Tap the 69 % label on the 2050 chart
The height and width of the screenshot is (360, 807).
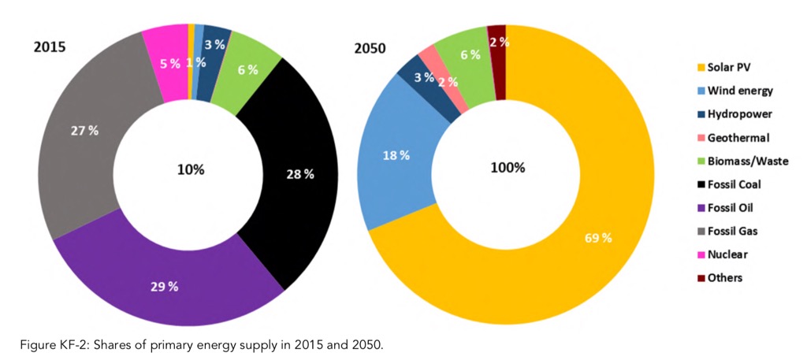597,237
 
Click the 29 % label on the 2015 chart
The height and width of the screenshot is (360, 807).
165,286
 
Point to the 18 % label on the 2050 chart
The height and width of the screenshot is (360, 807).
396,155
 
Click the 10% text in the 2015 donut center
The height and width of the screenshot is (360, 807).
191,169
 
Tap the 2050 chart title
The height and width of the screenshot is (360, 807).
370,47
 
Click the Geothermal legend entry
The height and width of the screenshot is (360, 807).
734,138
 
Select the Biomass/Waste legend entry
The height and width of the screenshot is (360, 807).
741,161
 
